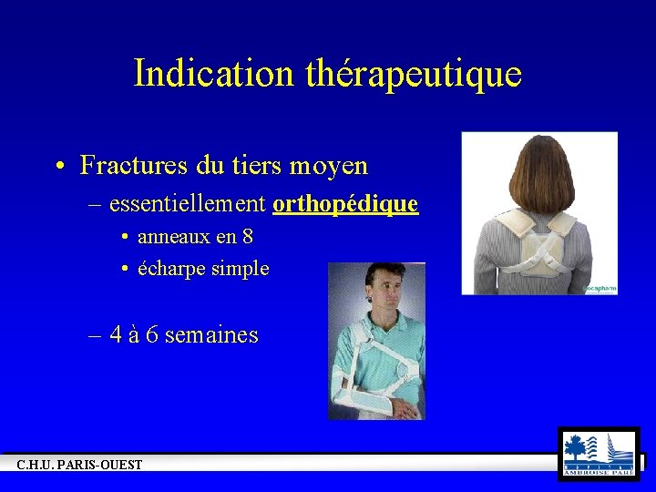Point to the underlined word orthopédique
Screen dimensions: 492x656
(345, 205)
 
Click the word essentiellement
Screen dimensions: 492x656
(187, 204)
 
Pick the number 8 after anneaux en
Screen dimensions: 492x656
(248, 237)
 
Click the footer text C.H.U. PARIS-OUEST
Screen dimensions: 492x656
(79, 466)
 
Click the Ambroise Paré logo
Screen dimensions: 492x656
(598, 454)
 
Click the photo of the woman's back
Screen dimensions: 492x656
(539, 213)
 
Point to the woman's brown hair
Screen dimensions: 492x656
(538, 173)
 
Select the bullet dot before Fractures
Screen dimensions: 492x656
(58, 167)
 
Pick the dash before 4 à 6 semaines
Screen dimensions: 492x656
(96, 335)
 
